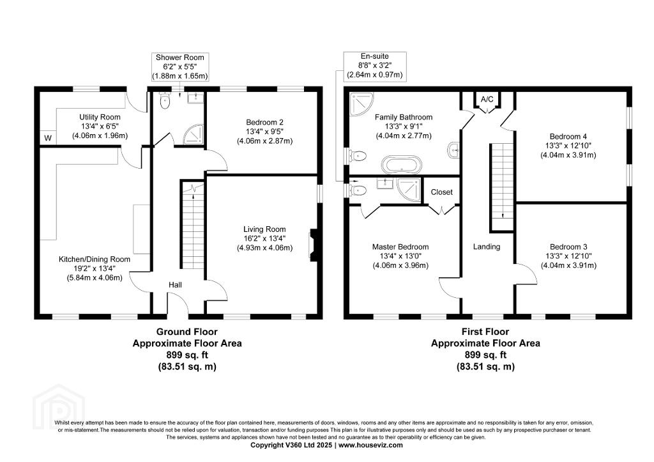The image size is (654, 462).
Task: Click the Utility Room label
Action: [x=100, y=118]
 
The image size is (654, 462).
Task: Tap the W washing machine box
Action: [x=48, y=138]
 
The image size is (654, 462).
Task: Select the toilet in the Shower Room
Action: [x=165, y=100]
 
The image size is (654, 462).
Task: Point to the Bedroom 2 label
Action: [x=264, y=122]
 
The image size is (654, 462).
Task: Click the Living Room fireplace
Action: [x=313, y=246]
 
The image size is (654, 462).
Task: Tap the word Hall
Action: [x=175, y=285]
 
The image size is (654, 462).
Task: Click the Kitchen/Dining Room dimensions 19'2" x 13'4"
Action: [x=95, y=268]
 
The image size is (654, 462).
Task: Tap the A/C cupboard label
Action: [x=487, y=99]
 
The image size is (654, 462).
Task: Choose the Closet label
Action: [x=442, y=192]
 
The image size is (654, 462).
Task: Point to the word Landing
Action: [x=486, y=247]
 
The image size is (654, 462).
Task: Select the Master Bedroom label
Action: [x=400, y=247]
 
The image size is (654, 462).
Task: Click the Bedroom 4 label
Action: [x=568, y=137]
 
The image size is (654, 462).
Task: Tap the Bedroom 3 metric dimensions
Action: [x=568, y=265]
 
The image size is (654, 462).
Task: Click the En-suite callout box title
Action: [x=374, y=56]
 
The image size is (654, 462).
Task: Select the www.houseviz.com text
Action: [x=370, y=445]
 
